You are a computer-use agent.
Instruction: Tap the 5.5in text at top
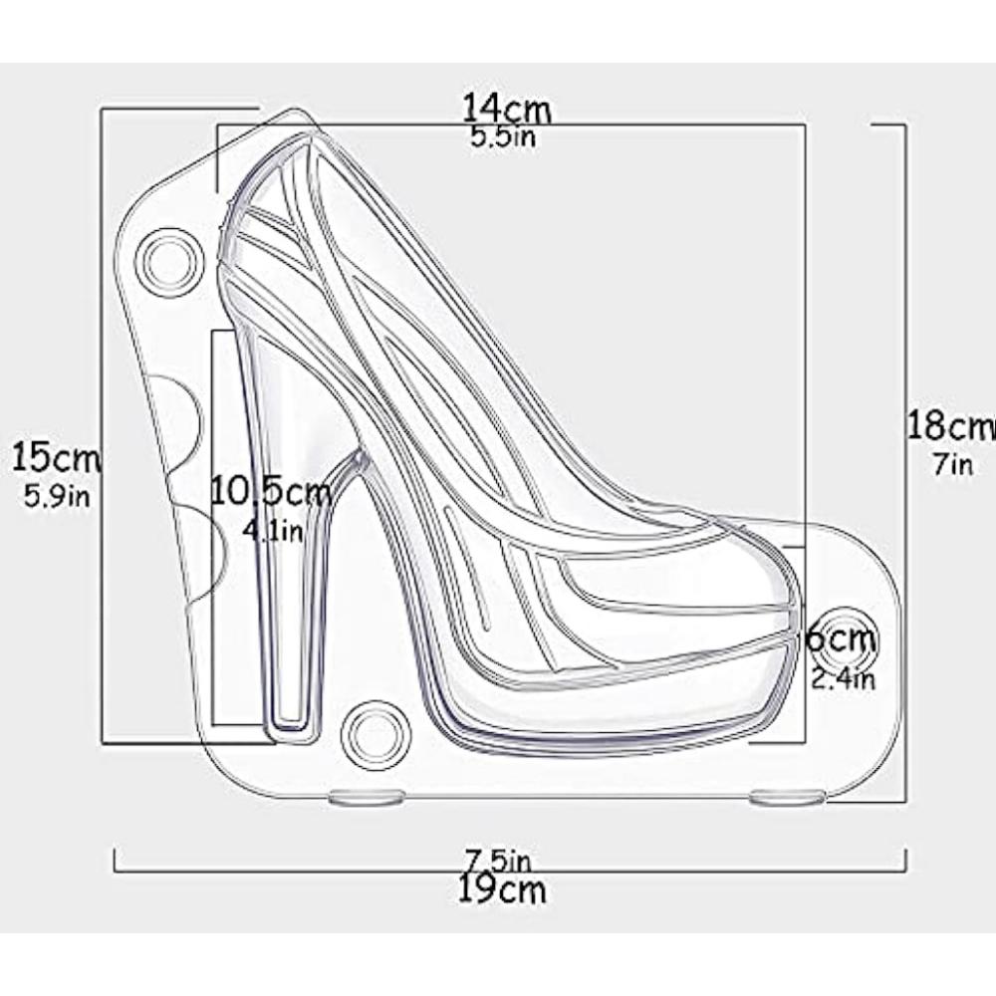click(x=503, y=137)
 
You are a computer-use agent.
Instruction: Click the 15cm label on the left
click(x=57, y=459)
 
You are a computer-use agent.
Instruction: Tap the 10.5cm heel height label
click(x=270, y=490)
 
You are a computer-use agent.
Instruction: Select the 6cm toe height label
click(x=840, y=638)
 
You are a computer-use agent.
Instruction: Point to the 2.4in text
click(x=842, y=679)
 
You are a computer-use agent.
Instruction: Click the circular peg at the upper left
click(x=166, y=263)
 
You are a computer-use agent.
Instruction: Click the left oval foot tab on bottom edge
click(x=366, y=796)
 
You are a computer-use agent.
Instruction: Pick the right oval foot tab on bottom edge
click(x=787, y=796)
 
